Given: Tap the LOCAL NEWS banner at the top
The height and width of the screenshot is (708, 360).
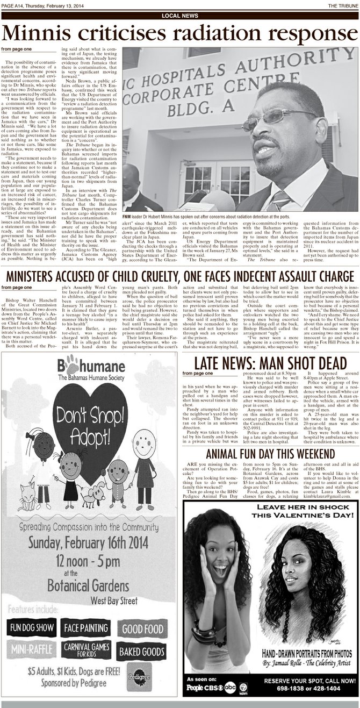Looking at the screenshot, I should [x=179, y=16].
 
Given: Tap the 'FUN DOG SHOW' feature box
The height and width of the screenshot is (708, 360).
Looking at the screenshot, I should [x=31, y=627].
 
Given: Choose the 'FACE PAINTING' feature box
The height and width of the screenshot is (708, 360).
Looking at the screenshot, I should [x=86, y=627].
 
